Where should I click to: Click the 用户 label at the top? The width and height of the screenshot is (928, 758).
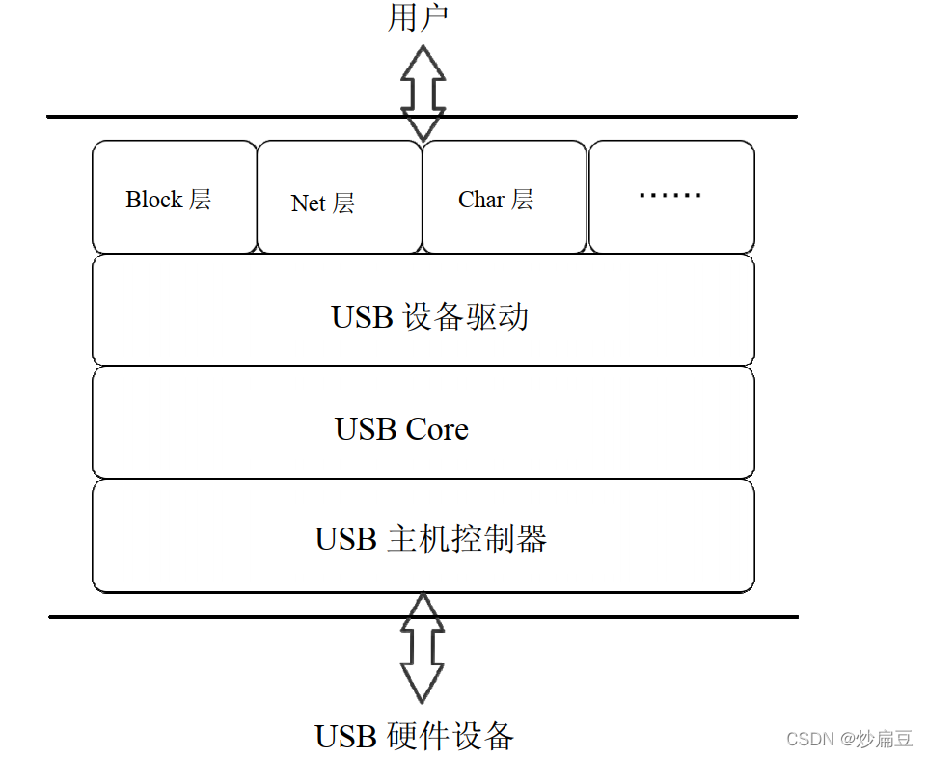[418, 17]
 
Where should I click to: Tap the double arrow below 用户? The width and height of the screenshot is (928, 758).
[423, 92]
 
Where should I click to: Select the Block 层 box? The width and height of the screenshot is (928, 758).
[175, 198]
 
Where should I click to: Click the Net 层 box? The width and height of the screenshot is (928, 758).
[340, 198]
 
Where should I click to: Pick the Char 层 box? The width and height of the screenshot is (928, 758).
[505, 198]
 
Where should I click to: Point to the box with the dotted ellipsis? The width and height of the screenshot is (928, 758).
[671, 198]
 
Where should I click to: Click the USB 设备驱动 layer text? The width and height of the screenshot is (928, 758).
[430, 317]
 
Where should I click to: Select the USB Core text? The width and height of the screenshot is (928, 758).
[401, 429]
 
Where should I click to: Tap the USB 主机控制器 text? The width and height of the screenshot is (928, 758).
[430, 538]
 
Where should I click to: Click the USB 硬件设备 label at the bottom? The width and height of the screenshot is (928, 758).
[415, 737]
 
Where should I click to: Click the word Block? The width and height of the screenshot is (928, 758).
[153, 200]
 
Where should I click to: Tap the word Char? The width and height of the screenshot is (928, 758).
[481, 200]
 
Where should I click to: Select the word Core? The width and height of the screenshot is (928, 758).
[437, 429]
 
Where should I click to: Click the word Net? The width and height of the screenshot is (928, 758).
[308, 203]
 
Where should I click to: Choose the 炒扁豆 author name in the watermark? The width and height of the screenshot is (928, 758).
[885, 740]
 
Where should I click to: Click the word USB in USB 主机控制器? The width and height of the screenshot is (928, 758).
[345, 538]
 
